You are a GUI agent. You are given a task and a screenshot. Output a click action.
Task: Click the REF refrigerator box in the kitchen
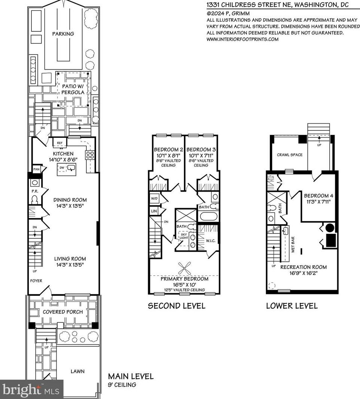[60, 143]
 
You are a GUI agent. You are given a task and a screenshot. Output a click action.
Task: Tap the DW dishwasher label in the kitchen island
[62, 167]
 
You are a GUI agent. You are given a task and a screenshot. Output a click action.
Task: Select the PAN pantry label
[36, 169]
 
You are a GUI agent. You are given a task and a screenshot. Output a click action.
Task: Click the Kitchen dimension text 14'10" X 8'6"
[63, 160]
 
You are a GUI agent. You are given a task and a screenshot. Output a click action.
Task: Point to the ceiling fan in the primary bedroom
[185, 268]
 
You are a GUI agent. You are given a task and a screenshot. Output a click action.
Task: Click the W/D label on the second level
[154, 198]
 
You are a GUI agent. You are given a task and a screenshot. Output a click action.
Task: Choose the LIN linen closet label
[154, 211]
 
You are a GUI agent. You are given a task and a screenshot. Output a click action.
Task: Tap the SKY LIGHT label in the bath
[184, 236]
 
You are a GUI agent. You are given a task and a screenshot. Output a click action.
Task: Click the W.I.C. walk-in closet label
[211, 241]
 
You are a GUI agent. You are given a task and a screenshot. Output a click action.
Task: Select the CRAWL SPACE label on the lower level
[290, 155]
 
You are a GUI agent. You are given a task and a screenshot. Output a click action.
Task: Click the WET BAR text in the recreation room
[293, 245]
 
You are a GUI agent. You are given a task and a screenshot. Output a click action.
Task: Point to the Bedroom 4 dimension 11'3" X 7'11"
[319, 202]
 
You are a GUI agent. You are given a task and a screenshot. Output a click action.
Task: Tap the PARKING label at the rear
[63, 34]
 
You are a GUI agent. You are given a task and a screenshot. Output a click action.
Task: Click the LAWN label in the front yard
[78, 371]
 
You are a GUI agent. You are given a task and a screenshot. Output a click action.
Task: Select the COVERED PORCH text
[63, 312]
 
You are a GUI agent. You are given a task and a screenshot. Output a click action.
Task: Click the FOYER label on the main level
[36, 281]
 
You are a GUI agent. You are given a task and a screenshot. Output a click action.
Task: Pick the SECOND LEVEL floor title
[177, 306]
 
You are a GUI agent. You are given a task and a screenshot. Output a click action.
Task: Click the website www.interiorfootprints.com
[242, 39]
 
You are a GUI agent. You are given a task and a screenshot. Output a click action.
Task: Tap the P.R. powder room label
[35, 191]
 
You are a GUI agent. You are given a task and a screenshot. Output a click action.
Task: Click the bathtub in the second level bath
[209, 217]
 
